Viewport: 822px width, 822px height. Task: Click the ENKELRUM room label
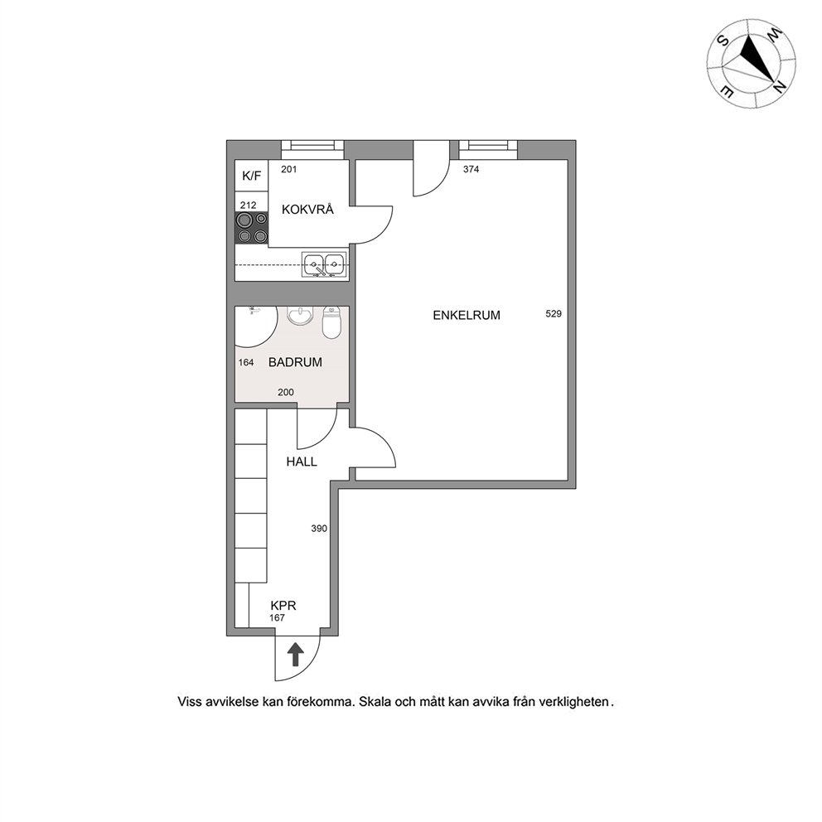[466, 315]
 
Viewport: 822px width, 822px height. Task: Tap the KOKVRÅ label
[307, 209]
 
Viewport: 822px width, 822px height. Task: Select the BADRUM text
[295, 362]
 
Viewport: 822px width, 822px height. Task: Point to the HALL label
[302, 462]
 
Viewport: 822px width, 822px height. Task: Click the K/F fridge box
[252, 176]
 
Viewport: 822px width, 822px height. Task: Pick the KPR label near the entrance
[283, 606]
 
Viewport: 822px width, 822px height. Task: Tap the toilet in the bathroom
[331, 322]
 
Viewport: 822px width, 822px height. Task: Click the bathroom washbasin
[300, 316]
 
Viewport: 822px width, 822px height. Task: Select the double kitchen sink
[324, 264]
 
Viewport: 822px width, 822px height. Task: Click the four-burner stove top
[252, 228]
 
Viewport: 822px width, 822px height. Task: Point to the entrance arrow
[296, 655]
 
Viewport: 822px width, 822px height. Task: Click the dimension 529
[554, 314]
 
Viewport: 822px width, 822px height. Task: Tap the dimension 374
[471, 169]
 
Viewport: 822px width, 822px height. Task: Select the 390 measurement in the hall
[319, 529]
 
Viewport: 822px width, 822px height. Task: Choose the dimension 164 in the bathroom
[246, 362]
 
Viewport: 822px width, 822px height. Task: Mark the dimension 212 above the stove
[248, 205]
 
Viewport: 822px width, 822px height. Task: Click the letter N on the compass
[780, 85]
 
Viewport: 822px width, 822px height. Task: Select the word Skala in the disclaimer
[375, 702]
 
